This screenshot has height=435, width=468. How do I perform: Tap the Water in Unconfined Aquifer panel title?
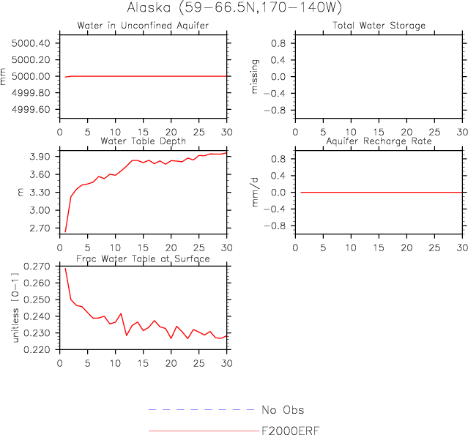[x=143, y=26]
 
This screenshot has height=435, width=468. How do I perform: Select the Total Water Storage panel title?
[x=379, y=26]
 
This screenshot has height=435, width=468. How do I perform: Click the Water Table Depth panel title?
[x=143, y=141]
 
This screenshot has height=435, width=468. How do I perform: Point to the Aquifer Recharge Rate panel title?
[x=379, y=141]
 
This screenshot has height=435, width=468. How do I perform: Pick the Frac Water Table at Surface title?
[x=144, y=259]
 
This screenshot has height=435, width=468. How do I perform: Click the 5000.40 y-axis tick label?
[x=31, y=43]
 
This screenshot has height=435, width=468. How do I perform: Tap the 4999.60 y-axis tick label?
[x=31, y=109]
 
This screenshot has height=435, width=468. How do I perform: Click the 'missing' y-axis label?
[x=256, y=77]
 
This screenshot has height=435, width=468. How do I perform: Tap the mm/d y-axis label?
[x=256, y=192]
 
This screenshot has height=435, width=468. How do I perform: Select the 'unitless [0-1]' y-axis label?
[x=16, y=308]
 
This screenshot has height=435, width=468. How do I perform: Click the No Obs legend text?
[x=282, y=410]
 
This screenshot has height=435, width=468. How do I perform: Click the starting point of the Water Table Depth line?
[x=65, y=232]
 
